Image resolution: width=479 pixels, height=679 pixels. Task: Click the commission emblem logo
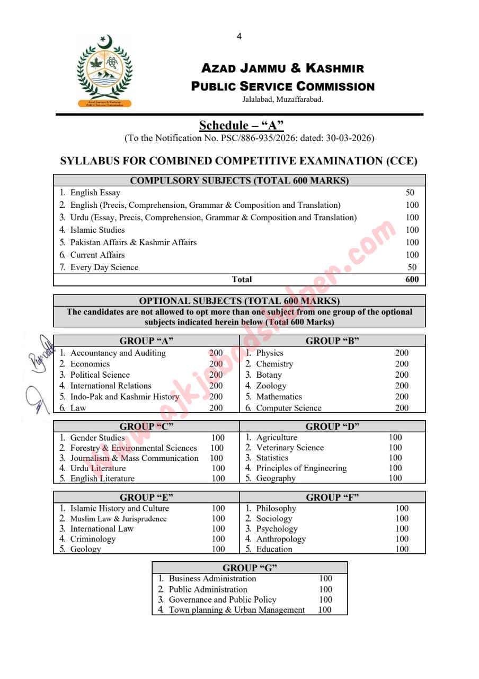tap(105, 71)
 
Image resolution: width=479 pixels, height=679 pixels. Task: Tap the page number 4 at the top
tap(239, 36)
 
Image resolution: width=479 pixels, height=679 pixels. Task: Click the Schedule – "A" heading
tap(241, 126)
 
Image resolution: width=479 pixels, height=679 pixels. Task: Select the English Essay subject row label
tap(95, 193)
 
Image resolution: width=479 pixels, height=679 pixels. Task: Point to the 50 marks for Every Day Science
tap(412, 267)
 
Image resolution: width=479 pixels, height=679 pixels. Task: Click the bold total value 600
tap(412, 280)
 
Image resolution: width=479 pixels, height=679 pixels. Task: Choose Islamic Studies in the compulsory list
tap(97, 230)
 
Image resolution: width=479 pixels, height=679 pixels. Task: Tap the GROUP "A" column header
tap(146, 341)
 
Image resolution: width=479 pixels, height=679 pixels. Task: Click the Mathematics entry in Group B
tap(279, 397)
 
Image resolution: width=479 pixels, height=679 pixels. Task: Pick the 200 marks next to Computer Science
tap(402, 408)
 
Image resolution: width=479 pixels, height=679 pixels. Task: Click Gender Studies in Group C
tap(97, 438)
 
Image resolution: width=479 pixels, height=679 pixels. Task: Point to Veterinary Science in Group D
tap(289, 448)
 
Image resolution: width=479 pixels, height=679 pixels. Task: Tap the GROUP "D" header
tap(332, 426)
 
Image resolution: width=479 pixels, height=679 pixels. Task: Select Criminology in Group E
tap(93, 539)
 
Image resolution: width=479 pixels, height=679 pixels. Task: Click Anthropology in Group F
tap(281, 539)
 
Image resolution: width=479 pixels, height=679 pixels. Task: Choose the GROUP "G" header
tap(250, 568)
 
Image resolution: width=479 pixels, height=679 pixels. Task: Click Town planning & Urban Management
tap(236, 610)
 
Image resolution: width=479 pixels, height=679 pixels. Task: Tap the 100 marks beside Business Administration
tap(325, 579)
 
